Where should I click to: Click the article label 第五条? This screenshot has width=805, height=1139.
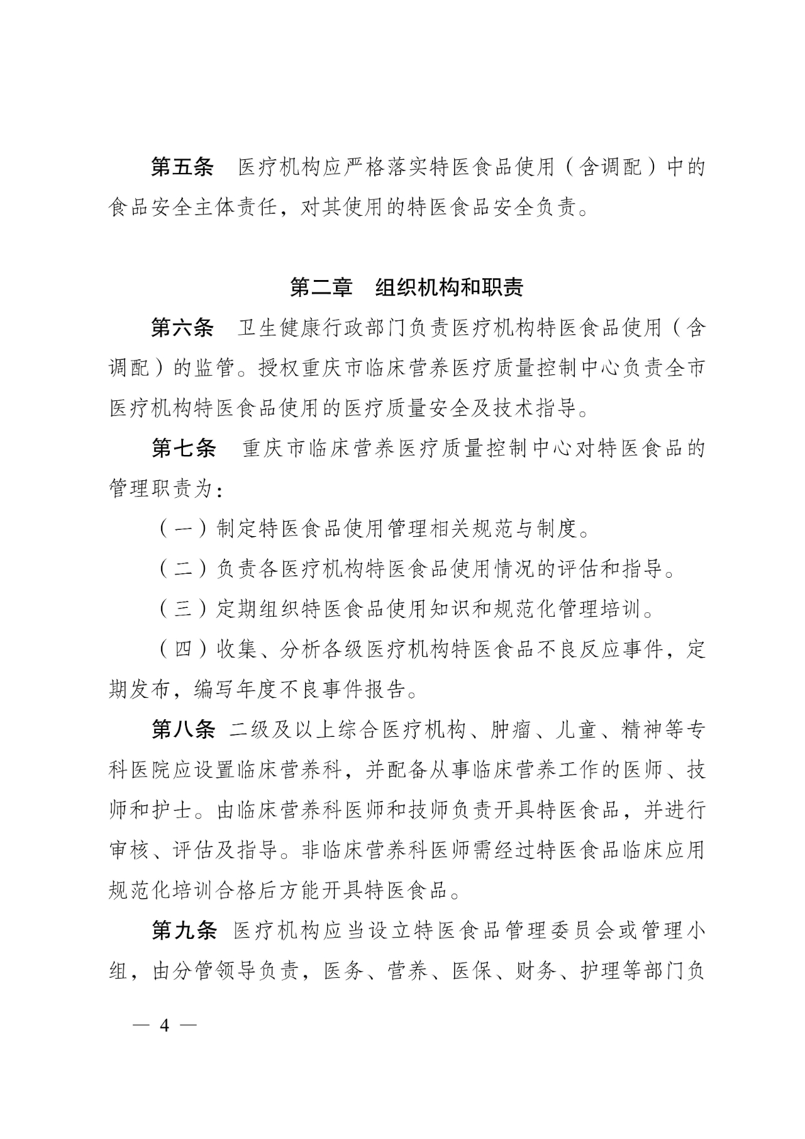coord(182,167)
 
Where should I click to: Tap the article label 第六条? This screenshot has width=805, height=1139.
coord(182,328)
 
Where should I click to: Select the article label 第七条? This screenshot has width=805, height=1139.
coord(183,449)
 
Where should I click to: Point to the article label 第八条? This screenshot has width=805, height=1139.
coord(183,730)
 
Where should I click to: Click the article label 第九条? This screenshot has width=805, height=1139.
coord(184,931)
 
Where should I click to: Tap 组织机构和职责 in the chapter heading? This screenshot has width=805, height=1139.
coord(450,288)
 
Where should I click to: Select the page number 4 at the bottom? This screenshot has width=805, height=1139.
coord(165,1024)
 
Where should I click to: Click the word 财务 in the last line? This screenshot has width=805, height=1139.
coord(538,972)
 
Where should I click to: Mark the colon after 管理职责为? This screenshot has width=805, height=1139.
coord(218,490)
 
